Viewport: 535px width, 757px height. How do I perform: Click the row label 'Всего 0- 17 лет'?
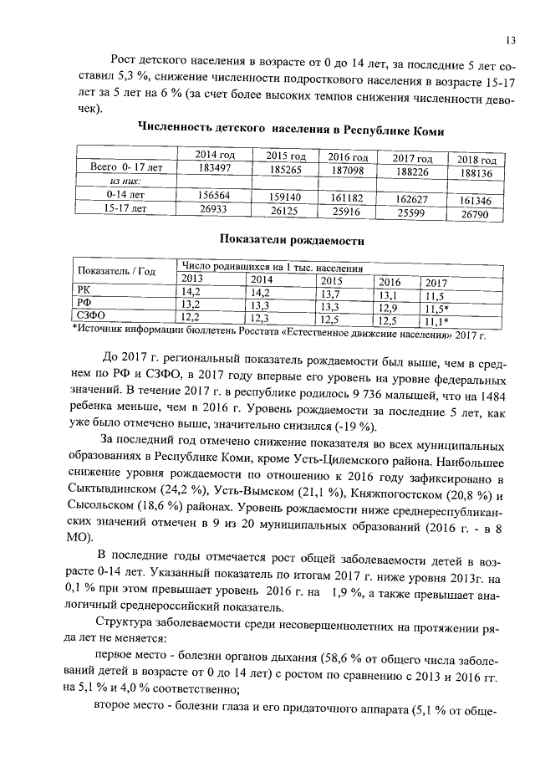[x=124, y=167]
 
